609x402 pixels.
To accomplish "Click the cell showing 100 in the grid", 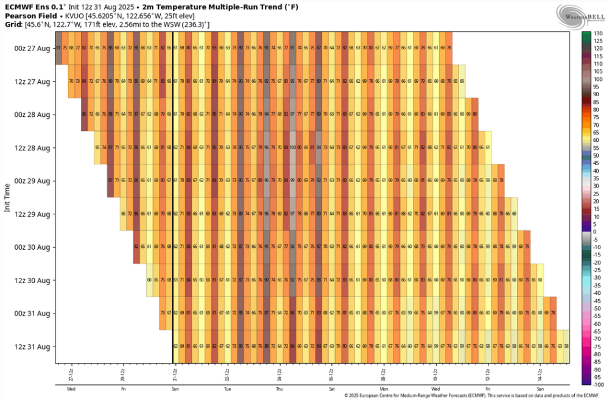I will (x=292, y=147).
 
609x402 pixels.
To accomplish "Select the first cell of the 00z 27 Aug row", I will (x=58, y=48).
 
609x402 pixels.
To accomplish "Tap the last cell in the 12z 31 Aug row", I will (x=566, y=347).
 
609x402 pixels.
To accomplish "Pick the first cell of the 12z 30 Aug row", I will (x=149, y=280).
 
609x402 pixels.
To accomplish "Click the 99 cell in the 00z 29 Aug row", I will (x=292, y=180).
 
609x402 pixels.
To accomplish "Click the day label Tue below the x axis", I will (x=227, y=388).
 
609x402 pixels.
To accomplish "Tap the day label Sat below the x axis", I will (x=331, y=388).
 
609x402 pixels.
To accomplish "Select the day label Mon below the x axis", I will (x=384, y=388).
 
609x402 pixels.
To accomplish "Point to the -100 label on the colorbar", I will (x=598, y=385).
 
